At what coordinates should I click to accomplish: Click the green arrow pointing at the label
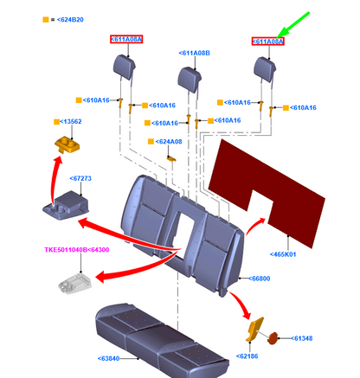(x=293, y=25)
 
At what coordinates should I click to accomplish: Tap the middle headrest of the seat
(x=190, y=79)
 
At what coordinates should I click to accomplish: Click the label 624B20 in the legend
(x=70, y=20)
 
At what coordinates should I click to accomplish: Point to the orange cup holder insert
(x=67, y=144)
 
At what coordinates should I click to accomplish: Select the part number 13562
(x=71, y=121)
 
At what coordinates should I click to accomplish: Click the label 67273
(x=80, y=178)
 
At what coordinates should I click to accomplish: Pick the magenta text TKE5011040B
(x=66, y=250)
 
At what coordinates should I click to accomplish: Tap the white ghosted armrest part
(x=74, y=284)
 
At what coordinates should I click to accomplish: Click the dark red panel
(x=266, y=190)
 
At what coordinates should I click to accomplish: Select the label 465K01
(x=283, y=254)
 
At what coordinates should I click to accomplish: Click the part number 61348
(x=302, y=338)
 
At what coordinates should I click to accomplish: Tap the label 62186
(x=247, y=356)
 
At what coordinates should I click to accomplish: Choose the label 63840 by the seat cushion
(x=108, y=358)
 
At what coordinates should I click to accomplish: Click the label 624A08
(x=169, y=142)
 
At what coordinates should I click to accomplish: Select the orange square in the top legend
(x=46, y=20)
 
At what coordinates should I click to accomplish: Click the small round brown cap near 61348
(x=273, y=338)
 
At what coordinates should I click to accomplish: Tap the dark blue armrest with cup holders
(x=66, y=205)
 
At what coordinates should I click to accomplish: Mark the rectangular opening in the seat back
(x=183, y=227)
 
